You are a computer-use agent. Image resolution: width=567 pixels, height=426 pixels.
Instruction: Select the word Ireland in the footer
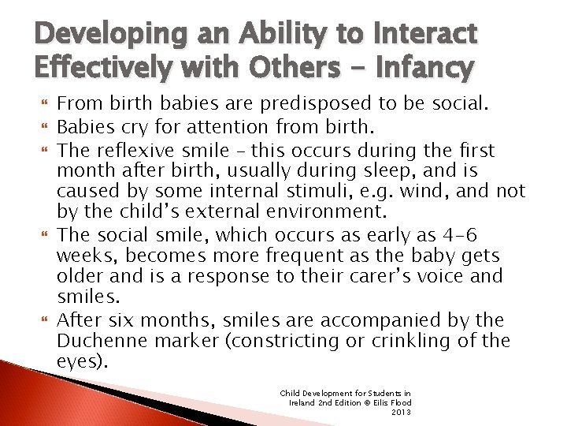[x=303, y=402]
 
